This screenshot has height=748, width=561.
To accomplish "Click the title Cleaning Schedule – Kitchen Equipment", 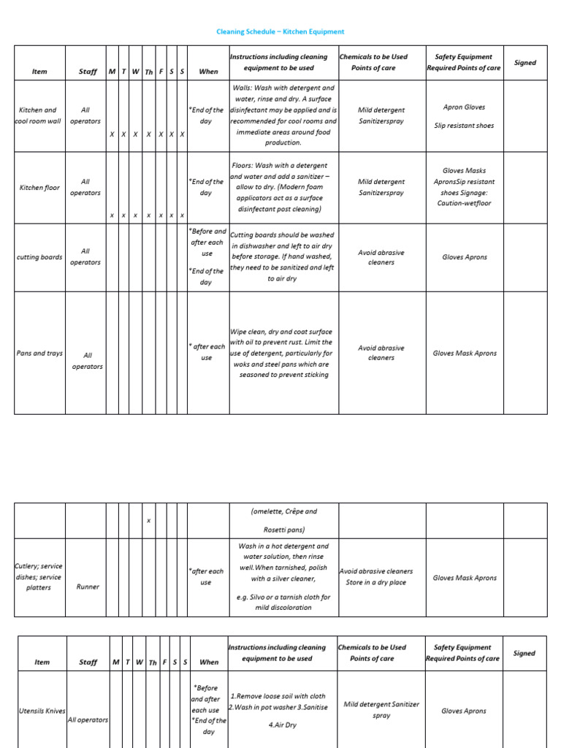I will pyautogui.click(x=280, y=31).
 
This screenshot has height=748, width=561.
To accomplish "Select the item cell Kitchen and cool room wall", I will pyautogui.click(x=39, y=115).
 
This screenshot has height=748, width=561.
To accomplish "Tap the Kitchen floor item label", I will pyautogui.click(x=39, y=188).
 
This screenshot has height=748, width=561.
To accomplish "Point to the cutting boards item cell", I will pyautogui.click(x=39, y=257).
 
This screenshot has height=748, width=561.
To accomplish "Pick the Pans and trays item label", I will pyautogui.click(x=39, y=353).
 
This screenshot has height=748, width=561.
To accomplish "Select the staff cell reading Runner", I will pyautogui.click(x=88, y=587).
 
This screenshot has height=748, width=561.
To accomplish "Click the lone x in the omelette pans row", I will pyautogui.click(x=148, y=520).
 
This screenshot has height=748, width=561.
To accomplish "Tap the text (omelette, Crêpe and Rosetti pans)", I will pyautogui.click(x=283, y=520).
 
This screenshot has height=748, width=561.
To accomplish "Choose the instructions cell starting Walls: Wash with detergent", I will pyautogui.click(x=283, y=115).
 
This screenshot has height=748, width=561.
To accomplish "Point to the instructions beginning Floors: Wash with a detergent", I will pyautogui.click(x=283, y=187).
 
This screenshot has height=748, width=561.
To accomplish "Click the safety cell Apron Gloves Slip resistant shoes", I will pyautogui.click(x=464, y=115).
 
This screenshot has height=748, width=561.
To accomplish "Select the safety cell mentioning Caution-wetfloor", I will pyautogui.click(x=464, y=187).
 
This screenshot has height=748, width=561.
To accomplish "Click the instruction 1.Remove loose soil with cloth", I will pyautogui.click(x=278, y=696).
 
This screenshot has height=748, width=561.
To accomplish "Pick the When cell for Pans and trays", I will pyautogui.click(x=207, y=352).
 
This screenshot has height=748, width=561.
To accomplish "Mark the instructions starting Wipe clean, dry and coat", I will pyautogui.click(x=283, y=353).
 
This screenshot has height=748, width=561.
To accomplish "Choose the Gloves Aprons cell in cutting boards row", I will pyautogui.click(x=464, y=257).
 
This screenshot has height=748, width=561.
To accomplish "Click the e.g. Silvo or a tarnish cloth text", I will pyautogui.click(x=283, y=602).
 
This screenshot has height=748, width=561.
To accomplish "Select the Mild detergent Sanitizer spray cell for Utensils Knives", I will pyautogui.click(x=381, y=710).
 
